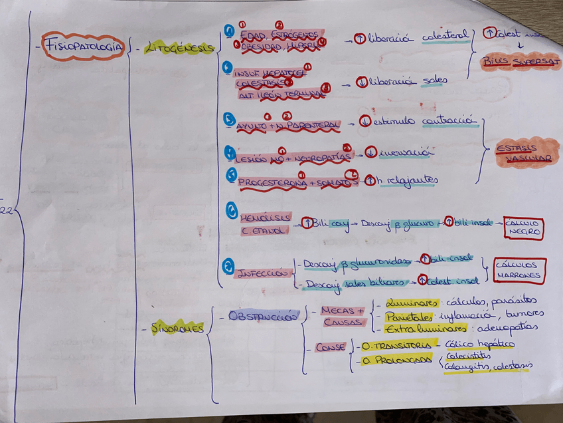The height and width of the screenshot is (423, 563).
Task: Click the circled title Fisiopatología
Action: (x=83, y=46)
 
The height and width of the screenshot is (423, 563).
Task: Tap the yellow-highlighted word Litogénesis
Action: (x=180, y=47)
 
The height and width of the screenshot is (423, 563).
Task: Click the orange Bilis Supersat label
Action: (x=521, y=63)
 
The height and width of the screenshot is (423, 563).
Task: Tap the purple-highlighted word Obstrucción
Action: (x=264, y=317)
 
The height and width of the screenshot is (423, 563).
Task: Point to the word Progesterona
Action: (x=272, y=182)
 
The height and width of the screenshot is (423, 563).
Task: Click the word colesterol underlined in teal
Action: (x=446, y=37)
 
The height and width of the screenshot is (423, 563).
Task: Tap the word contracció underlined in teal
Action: (x=449, y=121)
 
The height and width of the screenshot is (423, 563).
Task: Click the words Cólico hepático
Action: (x=480, y=344)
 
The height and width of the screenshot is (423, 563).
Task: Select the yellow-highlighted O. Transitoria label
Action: (x=396, y=345)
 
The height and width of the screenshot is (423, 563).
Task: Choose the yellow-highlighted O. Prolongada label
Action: (x=396, y=360)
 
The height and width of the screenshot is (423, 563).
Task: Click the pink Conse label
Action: (x=330, y=347)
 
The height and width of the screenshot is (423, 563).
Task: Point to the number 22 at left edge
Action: (x=6, y=212)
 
